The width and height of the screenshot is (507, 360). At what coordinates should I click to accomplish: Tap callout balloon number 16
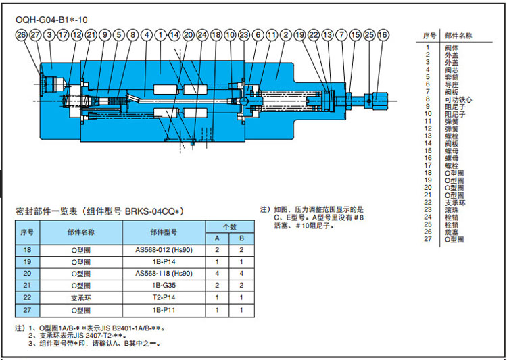coord(383,34)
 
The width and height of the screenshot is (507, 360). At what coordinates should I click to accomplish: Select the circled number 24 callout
coord(202,34)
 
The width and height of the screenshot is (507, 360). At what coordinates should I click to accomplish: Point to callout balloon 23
coord(244,34)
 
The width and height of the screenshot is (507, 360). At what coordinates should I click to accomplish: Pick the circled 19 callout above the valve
coord(300,34)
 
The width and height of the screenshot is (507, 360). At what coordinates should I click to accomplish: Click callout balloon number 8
coord(132,34)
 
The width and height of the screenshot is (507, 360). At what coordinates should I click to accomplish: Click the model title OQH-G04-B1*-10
coord(51,20)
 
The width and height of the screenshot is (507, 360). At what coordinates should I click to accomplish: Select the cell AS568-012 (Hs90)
coord(164,249)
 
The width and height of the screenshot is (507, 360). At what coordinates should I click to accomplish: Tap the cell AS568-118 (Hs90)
coord(164,274)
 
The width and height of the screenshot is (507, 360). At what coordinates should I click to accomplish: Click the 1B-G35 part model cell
coord(164,286)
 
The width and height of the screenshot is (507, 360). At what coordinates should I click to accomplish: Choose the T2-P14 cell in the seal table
coord(164,298)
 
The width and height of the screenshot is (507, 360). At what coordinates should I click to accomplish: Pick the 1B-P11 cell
coord(164,310)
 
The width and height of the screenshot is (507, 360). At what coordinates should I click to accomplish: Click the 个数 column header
coord(229,226)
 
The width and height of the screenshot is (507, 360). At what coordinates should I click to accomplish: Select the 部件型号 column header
coord(164,232)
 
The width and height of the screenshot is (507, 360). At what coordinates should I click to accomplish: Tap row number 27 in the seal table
coord(27,310)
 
